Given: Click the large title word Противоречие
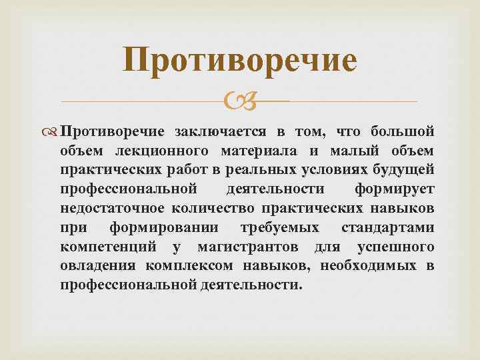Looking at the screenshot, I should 240,61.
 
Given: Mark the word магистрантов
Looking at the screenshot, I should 251,247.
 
